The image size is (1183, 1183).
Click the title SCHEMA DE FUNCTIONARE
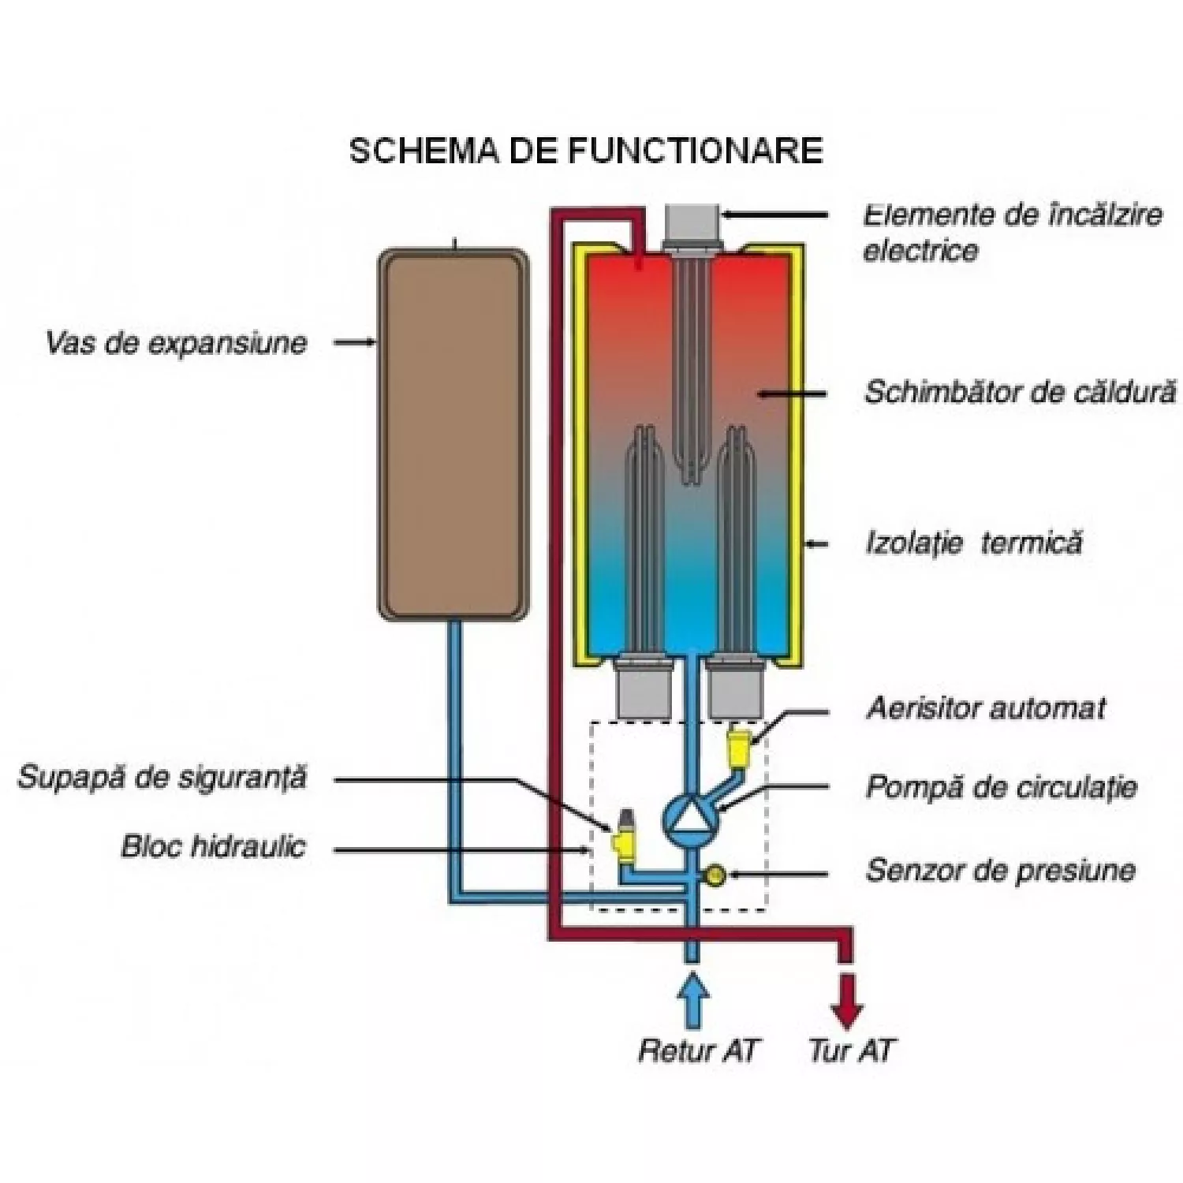tap(586, 150)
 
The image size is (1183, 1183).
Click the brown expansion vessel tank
tap(453, 434)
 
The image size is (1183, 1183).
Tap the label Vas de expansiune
tap(176, 343)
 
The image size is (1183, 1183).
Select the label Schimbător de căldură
tap(1021, 392)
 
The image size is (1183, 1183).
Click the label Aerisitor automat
tap(986, 708)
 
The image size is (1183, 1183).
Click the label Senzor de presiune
tap(1001, 870)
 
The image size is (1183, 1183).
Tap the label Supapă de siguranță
tap(162, 778)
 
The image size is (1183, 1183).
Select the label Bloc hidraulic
tap(213, 847)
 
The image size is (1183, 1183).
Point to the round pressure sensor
tap(715, 875)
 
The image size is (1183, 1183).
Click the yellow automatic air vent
tap(740, 750)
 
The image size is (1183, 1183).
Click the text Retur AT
tap(697, 1051)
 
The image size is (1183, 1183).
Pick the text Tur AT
tap(852, 1051)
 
